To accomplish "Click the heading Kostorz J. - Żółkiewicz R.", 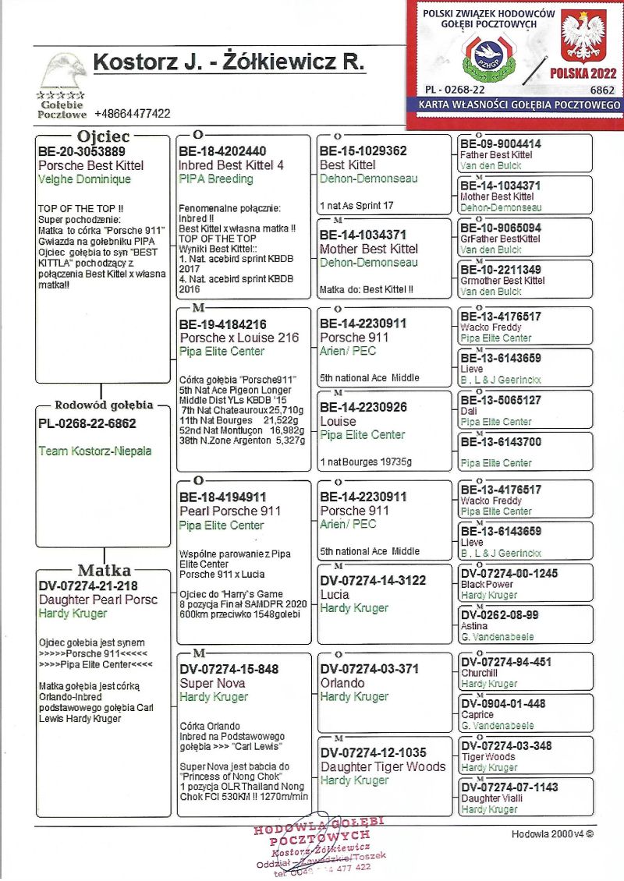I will (229, 63).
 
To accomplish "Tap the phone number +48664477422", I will (132, 114).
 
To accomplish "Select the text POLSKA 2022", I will (583, 73).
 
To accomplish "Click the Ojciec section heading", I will (103, 136).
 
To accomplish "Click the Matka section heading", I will (103, 570).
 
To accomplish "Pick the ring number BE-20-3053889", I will (82, 152).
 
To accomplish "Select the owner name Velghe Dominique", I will (84, 179).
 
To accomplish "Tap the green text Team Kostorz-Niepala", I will (95, 451).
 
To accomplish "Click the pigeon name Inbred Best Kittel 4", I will (231, 165).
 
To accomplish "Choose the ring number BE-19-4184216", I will (223, 324).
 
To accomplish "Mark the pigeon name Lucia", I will (335, 594).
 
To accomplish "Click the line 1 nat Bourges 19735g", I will (366, 462).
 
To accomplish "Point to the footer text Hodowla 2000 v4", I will (552, 833).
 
